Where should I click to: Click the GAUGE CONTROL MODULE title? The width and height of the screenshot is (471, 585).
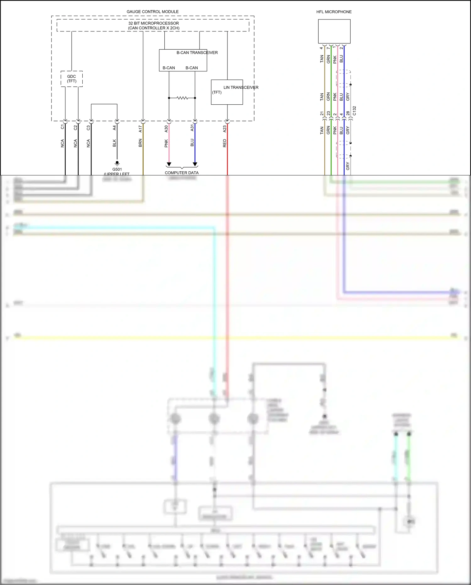point(152,12)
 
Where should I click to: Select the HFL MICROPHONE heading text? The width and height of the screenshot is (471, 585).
point(334,12)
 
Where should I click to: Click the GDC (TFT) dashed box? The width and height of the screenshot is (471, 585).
point(72,79)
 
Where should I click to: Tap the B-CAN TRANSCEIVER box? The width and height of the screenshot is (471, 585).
point(183,60)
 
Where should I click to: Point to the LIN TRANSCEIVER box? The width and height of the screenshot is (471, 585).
point(227,92)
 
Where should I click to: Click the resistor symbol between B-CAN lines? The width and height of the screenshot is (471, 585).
point(182,98)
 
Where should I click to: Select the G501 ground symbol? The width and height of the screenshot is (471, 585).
point(117,163)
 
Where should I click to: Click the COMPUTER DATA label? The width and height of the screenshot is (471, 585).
point(182,173)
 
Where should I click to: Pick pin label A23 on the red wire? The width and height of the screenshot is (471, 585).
point(225,129)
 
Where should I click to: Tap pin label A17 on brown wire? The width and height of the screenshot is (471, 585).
point(140,129)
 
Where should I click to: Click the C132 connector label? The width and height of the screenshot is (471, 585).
point(354,111)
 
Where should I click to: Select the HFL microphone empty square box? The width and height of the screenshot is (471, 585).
point(334,31)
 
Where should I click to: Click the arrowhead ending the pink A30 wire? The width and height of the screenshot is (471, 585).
point(169,164)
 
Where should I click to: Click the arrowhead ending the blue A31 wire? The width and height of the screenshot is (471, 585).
point(195,164)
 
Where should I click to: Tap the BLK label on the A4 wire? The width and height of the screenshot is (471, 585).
point(114,143)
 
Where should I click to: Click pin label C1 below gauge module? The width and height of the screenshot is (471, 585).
point(62,127)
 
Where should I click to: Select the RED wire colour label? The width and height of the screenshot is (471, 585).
point(225,143)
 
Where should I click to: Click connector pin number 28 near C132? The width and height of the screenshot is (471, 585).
point(348,113)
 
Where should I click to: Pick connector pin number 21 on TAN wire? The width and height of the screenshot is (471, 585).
point(322,113)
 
